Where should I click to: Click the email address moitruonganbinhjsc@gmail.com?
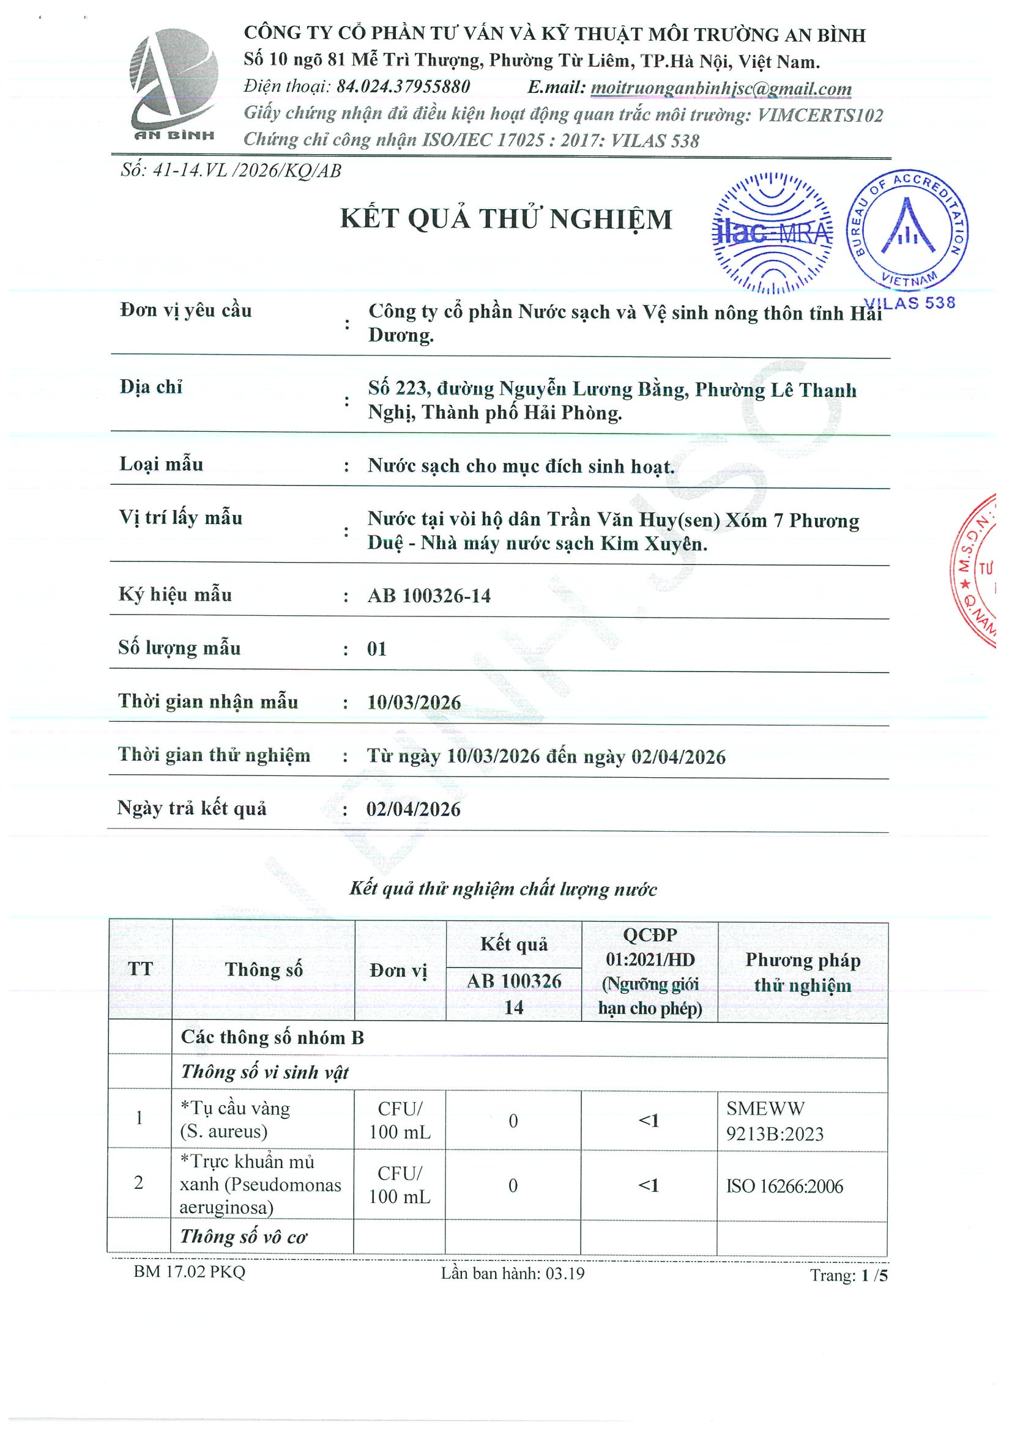pos(720,89)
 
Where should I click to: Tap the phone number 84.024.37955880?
pos(403,87)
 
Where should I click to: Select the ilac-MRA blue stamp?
pos(772,232)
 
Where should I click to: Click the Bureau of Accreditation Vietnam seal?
pos(907,231)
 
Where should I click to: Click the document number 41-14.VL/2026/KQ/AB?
pos(231,171)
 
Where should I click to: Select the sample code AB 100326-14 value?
pos(429,596)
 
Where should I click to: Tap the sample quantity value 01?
pos(377,649)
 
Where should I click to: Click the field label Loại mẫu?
pos(162,464)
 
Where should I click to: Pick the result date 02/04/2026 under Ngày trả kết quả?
pos(414,810)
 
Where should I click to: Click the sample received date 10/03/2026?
pos(414,703)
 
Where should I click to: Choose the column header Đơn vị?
pos(398,971)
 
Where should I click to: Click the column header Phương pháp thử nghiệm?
pos(803,972)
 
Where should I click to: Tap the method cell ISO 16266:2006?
pos(784,1186)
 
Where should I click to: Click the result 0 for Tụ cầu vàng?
pos(513,1121)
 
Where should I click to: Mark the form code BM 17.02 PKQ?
pos(190,1272)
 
